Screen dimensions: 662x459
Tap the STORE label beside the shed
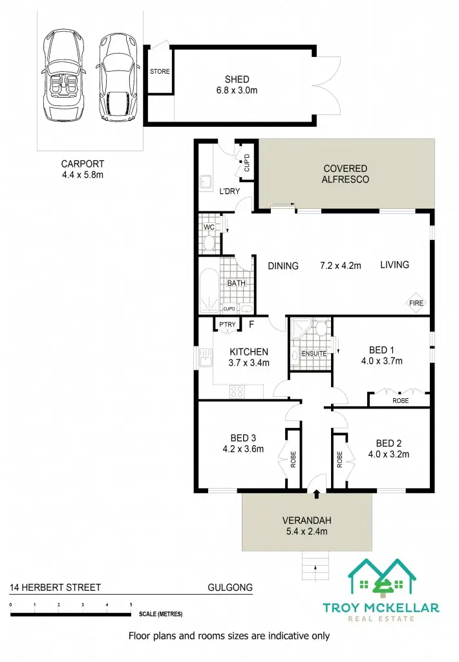(x=160, y=72)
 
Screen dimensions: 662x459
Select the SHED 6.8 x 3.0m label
(x=237, y=85)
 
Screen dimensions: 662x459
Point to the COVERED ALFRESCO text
(x=345, y=174)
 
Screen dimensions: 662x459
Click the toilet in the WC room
(x=209, y=242)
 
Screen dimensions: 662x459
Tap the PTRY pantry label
(x=226, y=325)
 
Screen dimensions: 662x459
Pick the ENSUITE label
(x=314, y=354)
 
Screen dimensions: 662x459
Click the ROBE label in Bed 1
(x=400, y=401)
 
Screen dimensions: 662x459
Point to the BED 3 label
(x=242, y=436)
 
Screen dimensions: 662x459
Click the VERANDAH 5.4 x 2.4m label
(x=307, y=526)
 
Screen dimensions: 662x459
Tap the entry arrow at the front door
(x=316, y=495)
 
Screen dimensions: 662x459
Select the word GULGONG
(x=230, y=588)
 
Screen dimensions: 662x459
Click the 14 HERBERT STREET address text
(x=55, y=588)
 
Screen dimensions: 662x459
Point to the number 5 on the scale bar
(x=131, y=604)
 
